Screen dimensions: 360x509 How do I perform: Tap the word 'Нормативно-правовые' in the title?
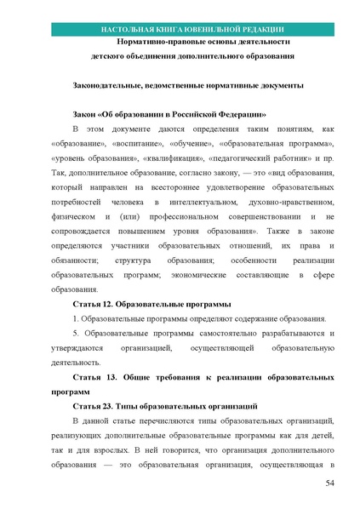pos(157,42)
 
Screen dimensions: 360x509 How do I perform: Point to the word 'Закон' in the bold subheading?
pos(86,114)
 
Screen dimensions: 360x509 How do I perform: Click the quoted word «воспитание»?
pos(138,144)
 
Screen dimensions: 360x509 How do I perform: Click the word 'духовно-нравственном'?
pos(263,203)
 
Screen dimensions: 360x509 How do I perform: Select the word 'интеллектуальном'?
pos(192,203)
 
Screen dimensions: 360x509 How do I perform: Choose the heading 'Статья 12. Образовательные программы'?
pos(152,304)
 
